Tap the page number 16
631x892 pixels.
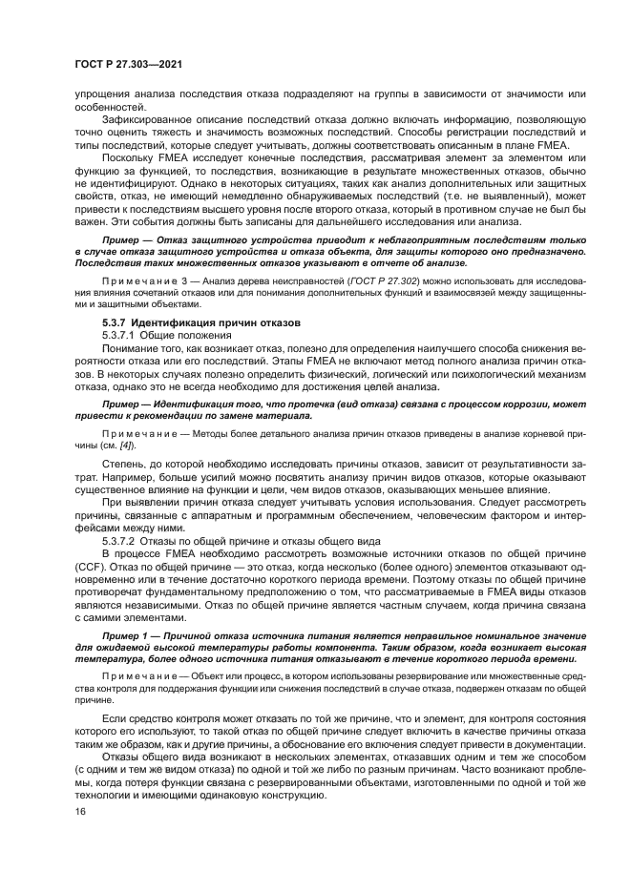[x=79, y=811]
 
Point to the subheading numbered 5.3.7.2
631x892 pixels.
[x=123, y=540]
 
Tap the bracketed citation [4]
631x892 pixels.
[x=127, y=446]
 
